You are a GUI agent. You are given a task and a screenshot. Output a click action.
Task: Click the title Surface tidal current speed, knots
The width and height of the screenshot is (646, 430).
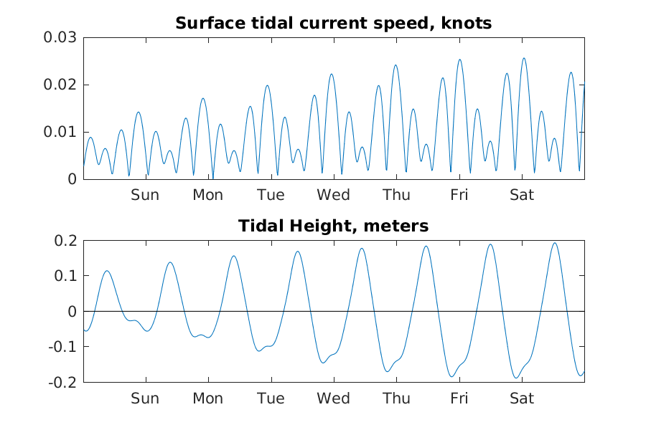coord(333,24)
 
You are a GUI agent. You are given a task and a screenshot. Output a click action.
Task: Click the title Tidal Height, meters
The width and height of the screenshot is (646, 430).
coord(333,226)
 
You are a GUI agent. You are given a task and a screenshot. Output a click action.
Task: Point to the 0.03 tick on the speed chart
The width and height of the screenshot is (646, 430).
coord(61,37)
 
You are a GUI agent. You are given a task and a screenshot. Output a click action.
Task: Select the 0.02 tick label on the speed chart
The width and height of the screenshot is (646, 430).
coord(61,85)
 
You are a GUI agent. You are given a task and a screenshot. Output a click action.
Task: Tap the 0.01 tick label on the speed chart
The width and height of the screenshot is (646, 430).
coord(61,132)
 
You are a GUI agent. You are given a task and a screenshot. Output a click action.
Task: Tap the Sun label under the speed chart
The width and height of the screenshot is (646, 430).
coord(145,195)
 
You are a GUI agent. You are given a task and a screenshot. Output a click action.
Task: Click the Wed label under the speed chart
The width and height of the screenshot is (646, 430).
coord(334,195)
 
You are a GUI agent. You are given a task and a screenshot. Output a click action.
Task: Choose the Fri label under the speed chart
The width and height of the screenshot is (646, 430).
coord(459,195)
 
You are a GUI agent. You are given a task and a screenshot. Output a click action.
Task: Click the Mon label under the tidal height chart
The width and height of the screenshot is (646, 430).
coord(207,398)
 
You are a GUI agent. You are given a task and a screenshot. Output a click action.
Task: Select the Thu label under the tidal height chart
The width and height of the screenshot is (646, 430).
coord(396,398)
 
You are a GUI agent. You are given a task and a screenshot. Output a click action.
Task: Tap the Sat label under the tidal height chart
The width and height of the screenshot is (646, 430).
coord(522,398)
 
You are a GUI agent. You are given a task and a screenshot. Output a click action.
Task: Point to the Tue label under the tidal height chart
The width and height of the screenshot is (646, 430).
coord(271,398)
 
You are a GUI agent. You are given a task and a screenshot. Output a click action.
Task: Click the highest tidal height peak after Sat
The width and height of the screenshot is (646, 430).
coord(554,243)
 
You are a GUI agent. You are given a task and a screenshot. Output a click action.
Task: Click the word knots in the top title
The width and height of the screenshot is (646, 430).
coord(468,24)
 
